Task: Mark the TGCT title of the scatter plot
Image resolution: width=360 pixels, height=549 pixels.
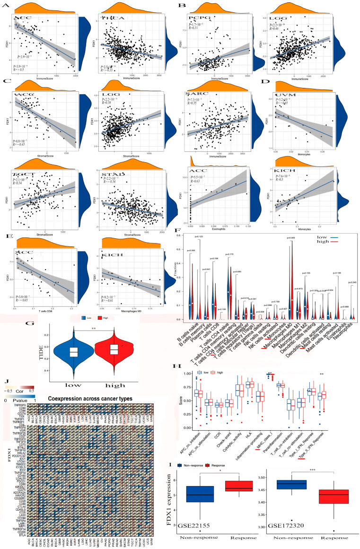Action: click(x=22, y=174)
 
